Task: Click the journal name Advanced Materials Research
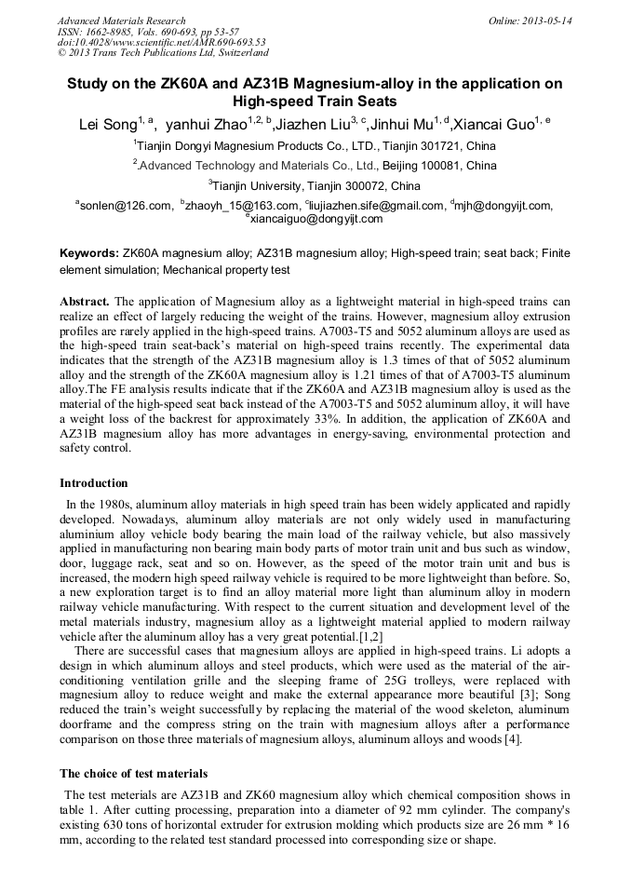tap(121, 20)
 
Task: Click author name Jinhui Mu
tap(402, 123)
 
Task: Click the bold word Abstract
tap(85, 303)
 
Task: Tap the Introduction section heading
tap(94, 483)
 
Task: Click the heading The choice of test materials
tap(134, 774)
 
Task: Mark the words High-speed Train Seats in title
tap(315, 101)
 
